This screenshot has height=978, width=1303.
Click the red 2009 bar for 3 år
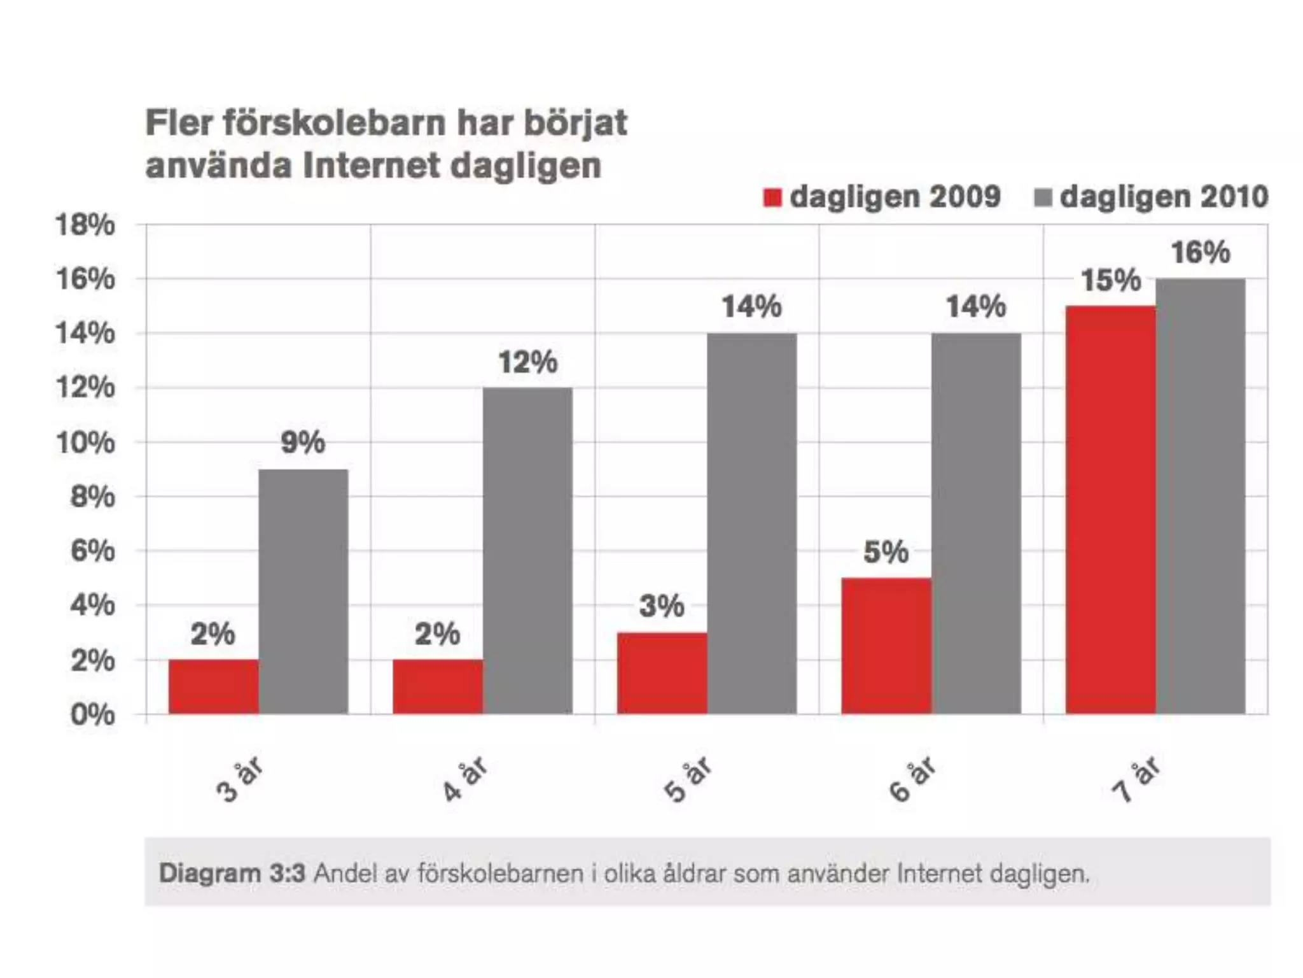pos(214,686)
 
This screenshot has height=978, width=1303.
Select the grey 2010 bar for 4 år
pos(527,551)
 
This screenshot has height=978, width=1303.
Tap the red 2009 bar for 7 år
pos(1111,509)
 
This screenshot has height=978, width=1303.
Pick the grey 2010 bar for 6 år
pos(976,523)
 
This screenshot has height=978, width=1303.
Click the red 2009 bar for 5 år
pos(662,673)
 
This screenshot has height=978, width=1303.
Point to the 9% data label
pos(303,443)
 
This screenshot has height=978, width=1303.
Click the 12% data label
pos(527,362)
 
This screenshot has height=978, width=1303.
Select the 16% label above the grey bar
pos(1201,253)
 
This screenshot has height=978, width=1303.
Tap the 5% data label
pos(886,552)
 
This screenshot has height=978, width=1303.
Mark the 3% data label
pos(662,606)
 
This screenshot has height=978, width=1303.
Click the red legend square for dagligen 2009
pos(772,197)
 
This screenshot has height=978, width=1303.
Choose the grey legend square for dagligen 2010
pos(1043,197)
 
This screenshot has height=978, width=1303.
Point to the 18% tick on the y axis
pos(85,225)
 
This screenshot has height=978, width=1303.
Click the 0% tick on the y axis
pos(93,715)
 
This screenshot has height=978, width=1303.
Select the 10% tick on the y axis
pos(85,443)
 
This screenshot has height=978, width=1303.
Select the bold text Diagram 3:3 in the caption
pos(232,873)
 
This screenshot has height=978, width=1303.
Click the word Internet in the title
pos(372,166)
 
